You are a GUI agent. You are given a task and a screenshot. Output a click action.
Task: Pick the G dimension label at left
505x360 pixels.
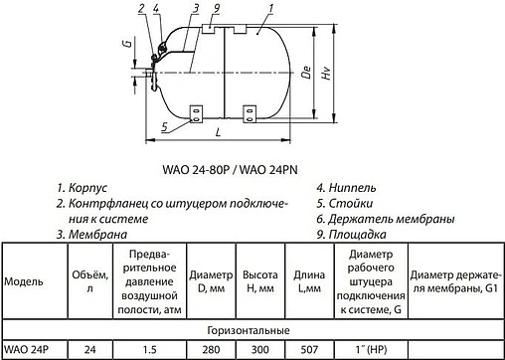pyautogui.click(x=126, y=46)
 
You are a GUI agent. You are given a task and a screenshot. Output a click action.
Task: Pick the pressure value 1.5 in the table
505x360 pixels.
pyautogui.click(x=150, y=349)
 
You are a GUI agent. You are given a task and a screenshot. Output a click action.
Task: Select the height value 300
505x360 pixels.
pyautogui.click(x=258, y=349)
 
